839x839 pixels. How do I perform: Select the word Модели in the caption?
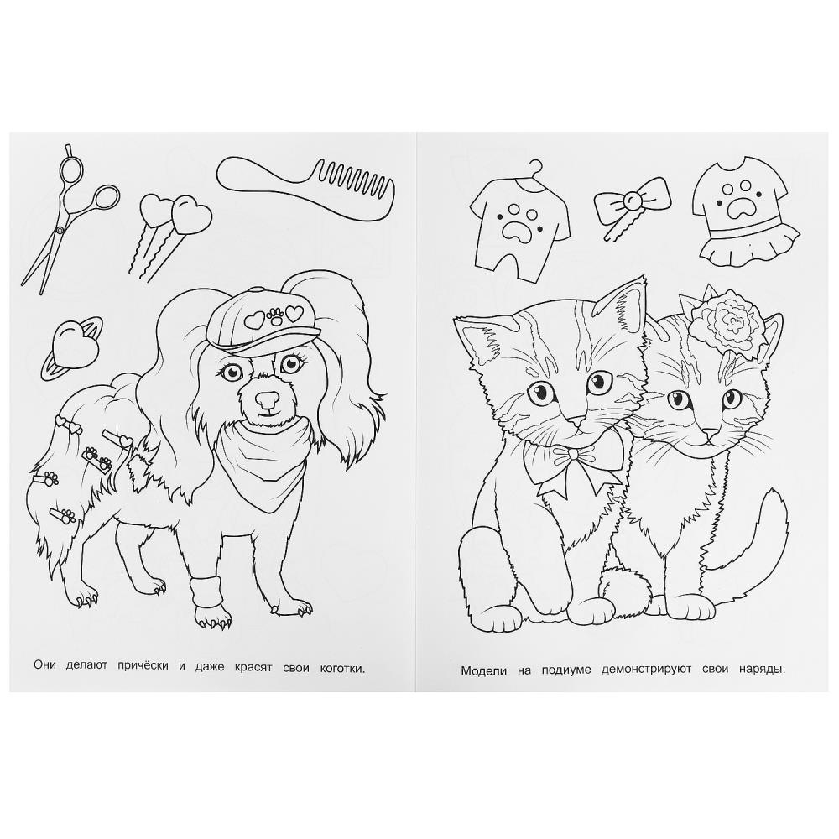(483, 670)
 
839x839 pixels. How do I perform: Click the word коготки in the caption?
(342, 669)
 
